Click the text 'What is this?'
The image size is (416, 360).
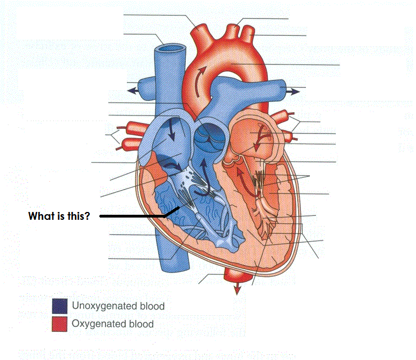[x=59, y=216]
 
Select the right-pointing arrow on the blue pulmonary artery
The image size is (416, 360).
[x=292, y=89]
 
